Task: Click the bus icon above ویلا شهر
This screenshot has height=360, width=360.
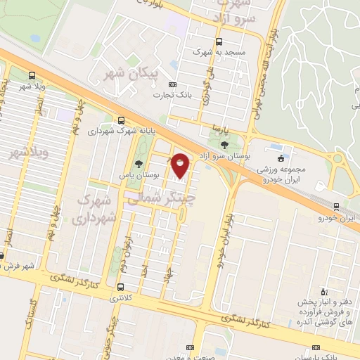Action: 32,75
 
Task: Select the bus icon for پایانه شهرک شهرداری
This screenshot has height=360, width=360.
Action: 122,120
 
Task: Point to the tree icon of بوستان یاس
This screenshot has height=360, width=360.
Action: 147,165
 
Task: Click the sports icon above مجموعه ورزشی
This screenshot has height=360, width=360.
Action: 281,158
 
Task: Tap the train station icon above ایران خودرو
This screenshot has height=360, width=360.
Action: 337,207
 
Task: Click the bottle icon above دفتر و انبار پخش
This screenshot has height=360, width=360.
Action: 323,291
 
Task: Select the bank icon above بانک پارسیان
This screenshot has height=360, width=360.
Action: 316,347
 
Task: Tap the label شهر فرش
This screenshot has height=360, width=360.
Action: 17,266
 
